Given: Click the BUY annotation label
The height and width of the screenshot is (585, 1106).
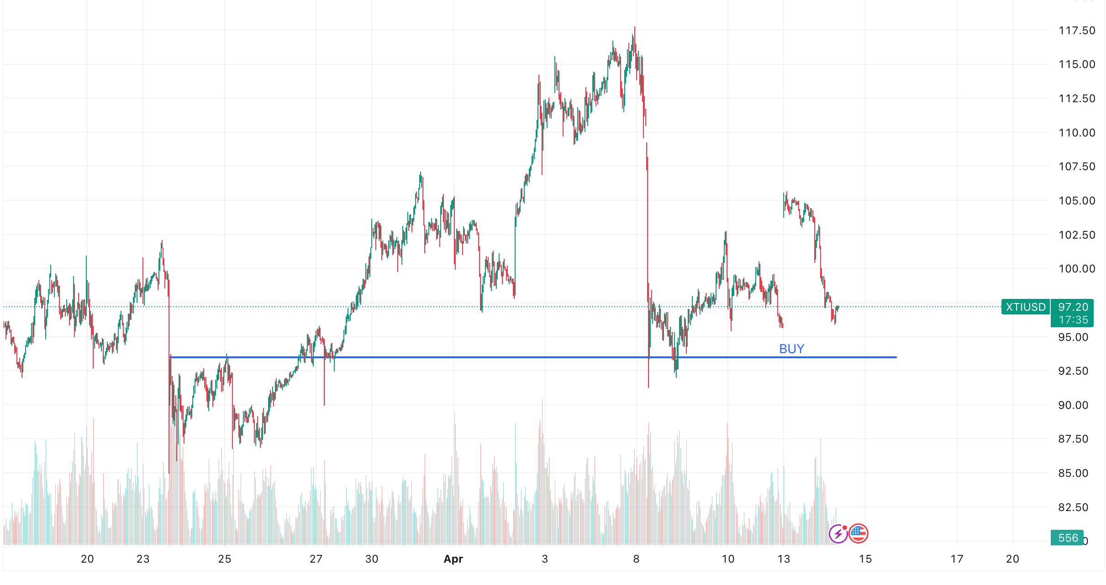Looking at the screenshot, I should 791,349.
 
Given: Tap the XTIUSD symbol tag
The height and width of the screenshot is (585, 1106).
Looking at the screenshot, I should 1026,307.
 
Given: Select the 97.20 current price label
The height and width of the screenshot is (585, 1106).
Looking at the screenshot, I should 1073,307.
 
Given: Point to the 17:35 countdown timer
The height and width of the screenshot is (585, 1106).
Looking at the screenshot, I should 1073,320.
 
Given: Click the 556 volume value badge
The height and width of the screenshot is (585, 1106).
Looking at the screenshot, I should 1068,538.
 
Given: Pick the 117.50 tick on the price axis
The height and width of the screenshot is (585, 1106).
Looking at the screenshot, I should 1076,31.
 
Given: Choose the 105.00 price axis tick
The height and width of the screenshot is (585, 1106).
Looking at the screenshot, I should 1076,201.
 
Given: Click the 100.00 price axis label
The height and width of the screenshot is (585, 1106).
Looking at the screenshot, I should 1076,269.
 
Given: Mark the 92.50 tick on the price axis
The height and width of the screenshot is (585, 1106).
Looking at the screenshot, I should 1073,371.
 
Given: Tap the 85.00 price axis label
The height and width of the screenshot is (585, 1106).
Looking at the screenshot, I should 1073,473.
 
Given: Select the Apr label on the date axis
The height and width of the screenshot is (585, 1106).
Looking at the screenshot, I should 453,559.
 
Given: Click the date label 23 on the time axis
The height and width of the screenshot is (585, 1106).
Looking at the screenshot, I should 143,559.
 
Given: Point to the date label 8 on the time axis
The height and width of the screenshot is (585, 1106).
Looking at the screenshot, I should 636,559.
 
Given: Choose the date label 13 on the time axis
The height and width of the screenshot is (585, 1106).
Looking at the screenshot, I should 784,559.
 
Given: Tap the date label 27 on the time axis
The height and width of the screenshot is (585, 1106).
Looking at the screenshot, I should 316,559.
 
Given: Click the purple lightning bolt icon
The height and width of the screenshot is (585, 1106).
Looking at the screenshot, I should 838,534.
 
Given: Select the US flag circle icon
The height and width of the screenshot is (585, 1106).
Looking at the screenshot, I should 858,533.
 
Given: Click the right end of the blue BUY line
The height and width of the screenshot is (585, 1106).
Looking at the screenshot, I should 896,357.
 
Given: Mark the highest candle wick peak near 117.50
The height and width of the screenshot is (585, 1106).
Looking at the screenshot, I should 634,27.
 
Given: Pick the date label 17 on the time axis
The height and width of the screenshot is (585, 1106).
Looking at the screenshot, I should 957,559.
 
